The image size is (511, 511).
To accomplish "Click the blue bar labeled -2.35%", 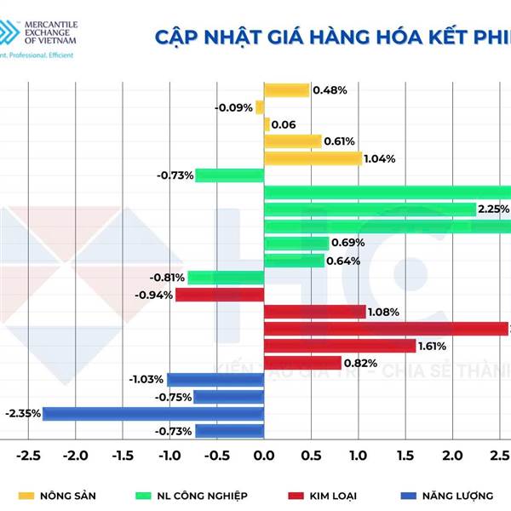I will [153, 414].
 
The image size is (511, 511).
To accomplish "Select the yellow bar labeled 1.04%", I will [313, 158].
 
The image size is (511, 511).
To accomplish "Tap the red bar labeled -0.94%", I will [220, 295].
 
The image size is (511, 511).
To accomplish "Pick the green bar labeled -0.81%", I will [226, 278].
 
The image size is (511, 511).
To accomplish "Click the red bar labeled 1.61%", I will [340, 346].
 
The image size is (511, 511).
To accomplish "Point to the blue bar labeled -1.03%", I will [215, 380].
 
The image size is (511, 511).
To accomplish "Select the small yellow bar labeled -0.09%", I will [260, 107].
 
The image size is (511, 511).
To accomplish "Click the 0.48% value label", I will [329, 90].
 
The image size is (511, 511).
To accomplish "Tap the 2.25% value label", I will [493, 210].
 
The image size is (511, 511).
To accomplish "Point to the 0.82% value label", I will [361, 363].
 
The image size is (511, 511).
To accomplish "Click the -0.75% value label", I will [173, 397].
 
